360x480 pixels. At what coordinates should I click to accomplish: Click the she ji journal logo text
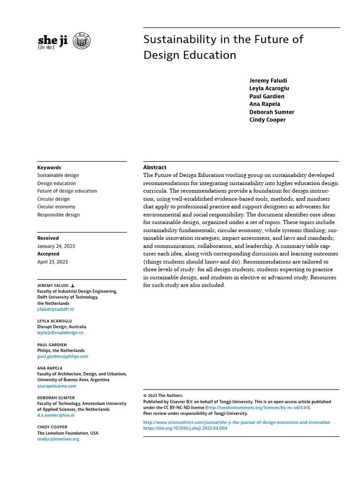coord(52,40)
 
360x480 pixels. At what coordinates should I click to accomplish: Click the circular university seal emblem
coord(83,41)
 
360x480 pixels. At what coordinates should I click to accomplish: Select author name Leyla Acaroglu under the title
coord(269,89)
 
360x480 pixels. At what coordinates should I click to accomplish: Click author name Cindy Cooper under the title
coord(267,120)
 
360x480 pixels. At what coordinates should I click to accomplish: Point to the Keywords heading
coord(49,168)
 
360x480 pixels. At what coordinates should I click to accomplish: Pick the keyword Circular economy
coord(56,207)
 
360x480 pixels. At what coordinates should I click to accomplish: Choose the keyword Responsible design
coord(58,215)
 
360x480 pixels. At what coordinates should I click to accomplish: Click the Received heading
coord(48,238)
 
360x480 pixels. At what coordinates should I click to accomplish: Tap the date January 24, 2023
coord(56,246)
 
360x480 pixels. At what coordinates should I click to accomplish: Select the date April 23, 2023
coord(52,262)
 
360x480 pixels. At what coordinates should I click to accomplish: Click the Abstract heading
coord(154,167)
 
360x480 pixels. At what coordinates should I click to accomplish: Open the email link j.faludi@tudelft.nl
coord(55,309)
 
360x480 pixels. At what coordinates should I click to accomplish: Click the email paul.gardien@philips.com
coord(62,356)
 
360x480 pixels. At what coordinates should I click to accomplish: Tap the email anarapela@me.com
coord(56,386)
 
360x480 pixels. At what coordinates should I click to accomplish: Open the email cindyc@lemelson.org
coord(58,439)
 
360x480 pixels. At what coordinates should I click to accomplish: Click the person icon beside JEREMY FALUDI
coord(73,285)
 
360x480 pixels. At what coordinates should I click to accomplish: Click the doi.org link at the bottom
coord(185,428)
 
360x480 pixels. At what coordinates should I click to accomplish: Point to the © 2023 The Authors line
coord(163,396)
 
